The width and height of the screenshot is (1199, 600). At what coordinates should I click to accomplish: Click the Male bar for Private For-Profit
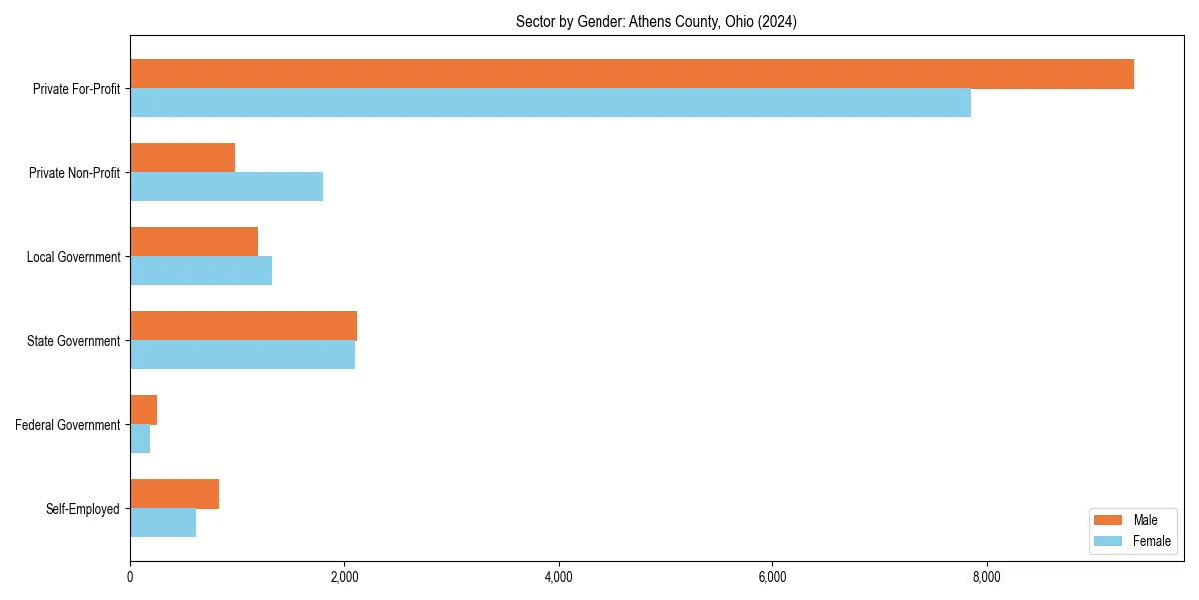tap(631, 74)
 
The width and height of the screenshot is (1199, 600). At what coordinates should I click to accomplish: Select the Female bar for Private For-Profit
tap(551, 103)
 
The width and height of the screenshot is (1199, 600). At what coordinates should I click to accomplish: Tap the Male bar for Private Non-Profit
tap(182, 158)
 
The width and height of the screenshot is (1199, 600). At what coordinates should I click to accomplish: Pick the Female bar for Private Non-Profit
tap(226, 187)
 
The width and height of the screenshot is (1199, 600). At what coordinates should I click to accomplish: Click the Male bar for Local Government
tap(194, 242)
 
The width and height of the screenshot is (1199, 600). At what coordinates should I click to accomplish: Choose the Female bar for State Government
tap(242, 355)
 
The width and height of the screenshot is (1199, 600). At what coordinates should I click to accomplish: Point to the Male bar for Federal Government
tap(143, 410)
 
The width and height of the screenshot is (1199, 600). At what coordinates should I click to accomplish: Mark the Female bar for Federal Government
tap(140, 439)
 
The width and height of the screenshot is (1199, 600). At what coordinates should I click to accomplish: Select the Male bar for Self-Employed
tap(174, 494)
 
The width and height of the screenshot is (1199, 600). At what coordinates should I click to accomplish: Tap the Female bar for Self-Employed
tap(163, 523)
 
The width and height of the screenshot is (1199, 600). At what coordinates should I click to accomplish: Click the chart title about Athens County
tap(656, 21)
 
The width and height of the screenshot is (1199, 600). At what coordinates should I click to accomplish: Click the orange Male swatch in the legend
tap(1109, 520)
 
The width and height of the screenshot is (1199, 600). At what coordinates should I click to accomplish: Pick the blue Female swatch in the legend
tap(1109, 541)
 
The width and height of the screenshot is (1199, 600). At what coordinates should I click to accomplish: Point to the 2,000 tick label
tap(344, 577)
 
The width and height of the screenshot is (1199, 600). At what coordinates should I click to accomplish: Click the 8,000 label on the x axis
tap(986, 577)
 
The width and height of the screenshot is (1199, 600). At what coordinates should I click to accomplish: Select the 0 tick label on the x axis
tap(130, 577)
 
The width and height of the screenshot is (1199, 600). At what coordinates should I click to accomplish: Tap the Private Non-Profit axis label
tap(74, 173)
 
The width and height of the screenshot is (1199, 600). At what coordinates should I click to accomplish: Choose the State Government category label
tap(73, 341)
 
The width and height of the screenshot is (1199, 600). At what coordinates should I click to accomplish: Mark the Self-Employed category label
tap(82, 509)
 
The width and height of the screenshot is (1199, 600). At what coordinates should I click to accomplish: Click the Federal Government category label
tap(68, 425)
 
